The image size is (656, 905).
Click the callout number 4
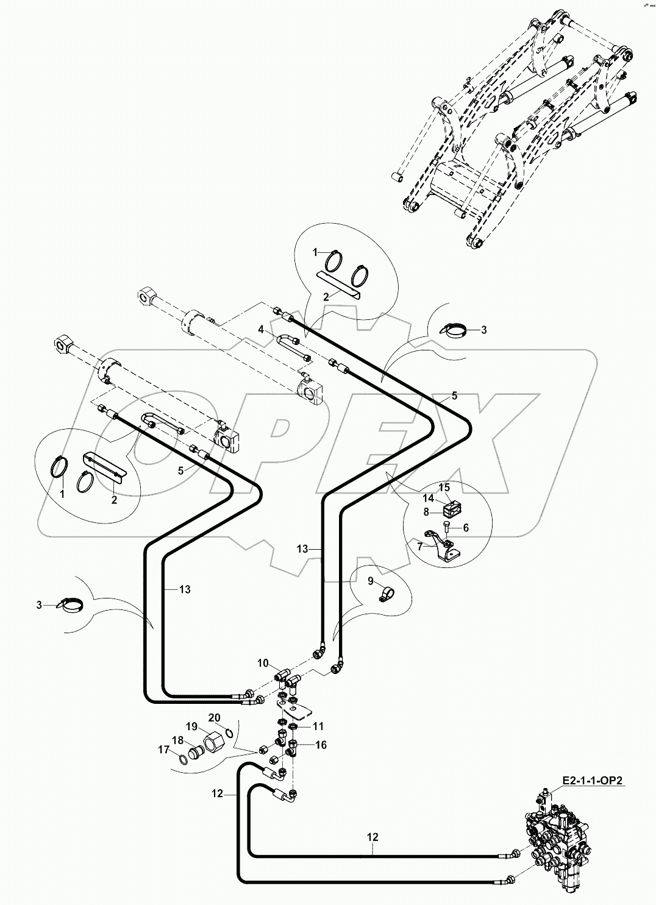click(261, 329)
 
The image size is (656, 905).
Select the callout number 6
click(466, 528)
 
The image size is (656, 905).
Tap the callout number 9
click(370, 581)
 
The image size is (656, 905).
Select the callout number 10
click(262, 662)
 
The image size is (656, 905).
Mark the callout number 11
click(318, 726)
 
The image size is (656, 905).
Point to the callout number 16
click(321, 745)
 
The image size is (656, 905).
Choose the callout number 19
click(192, 726)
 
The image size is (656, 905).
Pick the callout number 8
click(427, 512)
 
